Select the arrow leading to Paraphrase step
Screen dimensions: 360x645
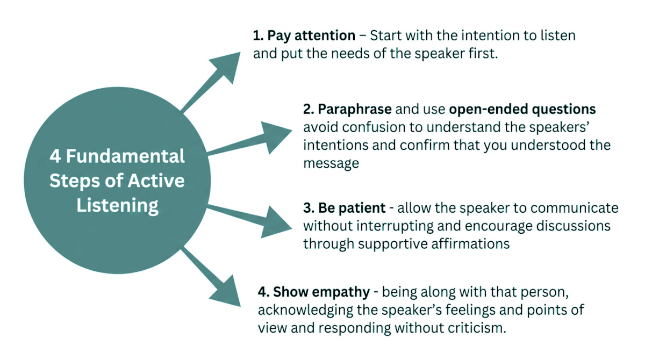(274, 134)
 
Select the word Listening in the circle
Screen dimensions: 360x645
(117, 205)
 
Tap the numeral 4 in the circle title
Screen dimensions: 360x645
(55, 156)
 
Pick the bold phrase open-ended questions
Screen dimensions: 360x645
(522, 109)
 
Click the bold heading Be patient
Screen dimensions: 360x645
(351, 207)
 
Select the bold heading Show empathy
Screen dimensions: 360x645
(321, 292)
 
